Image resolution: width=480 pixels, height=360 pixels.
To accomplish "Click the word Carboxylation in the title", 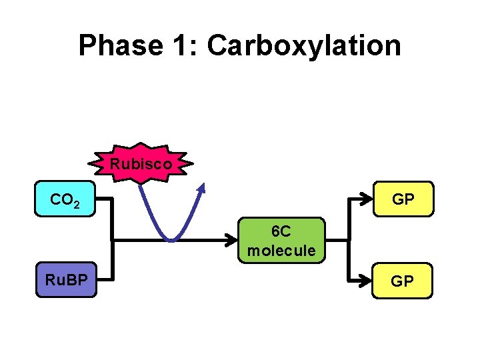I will coord(304,46).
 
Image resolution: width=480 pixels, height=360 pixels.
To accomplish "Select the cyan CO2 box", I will coord(65,199).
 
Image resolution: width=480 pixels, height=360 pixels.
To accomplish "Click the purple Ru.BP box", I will coord(65,280).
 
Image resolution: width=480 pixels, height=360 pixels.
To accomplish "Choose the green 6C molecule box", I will coord(281,241).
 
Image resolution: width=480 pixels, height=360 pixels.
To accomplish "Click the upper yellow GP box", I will coord(401,199).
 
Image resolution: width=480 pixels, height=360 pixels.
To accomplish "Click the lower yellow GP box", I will coord(401,281).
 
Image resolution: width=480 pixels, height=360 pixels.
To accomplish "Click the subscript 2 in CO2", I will coord(77,203).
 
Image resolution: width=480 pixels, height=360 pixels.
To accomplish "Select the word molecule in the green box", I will coord(281,251).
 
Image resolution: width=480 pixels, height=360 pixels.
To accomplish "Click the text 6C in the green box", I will coord(281,231).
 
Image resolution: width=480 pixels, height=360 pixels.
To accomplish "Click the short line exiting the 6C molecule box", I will coord(337,239).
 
